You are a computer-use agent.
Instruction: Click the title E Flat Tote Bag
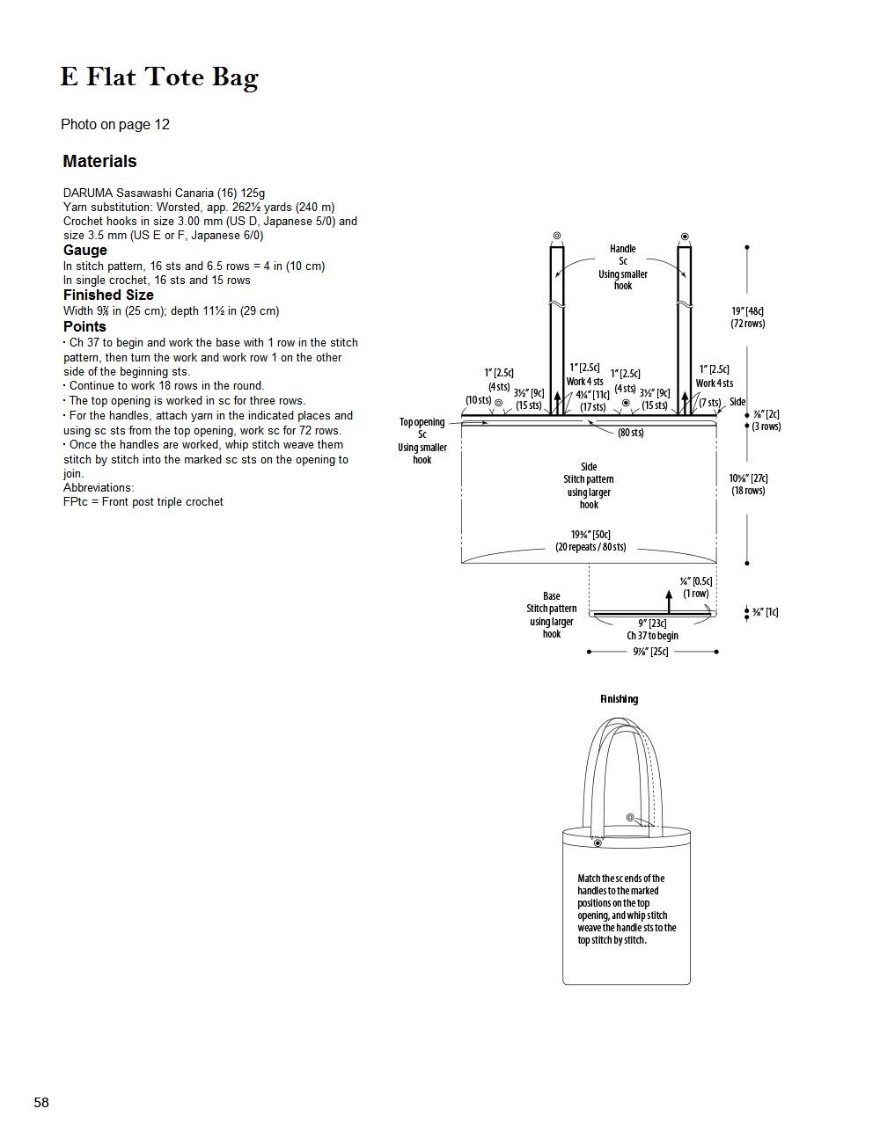159,77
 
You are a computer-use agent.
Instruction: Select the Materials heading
99,161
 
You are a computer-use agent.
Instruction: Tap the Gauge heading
84,251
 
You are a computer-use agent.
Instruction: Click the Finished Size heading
108,295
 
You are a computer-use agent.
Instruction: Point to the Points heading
84,327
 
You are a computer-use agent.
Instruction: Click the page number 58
41,1103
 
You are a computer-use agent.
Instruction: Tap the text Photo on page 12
115,125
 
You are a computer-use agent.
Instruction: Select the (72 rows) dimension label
748,324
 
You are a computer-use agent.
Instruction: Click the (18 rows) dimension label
748,491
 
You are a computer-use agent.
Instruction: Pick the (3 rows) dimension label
766,427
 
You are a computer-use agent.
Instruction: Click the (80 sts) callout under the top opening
631,433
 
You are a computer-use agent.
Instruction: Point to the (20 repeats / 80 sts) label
590,547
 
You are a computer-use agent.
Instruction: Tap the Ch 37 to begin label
652,635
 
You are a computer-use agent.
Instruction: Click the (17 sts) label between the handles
593,407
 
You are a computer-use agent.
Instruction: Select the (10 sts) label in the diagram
478,400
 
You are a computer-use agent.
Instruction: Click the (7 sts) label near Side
710,402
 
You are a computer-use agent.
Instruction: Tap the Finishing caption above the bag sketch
620,699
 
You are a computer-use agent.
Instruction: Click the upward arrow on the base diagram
669,601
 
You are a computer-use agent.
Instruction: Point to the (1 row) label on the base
695,594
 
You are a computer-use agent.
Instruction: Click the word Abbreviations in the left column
99,487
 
